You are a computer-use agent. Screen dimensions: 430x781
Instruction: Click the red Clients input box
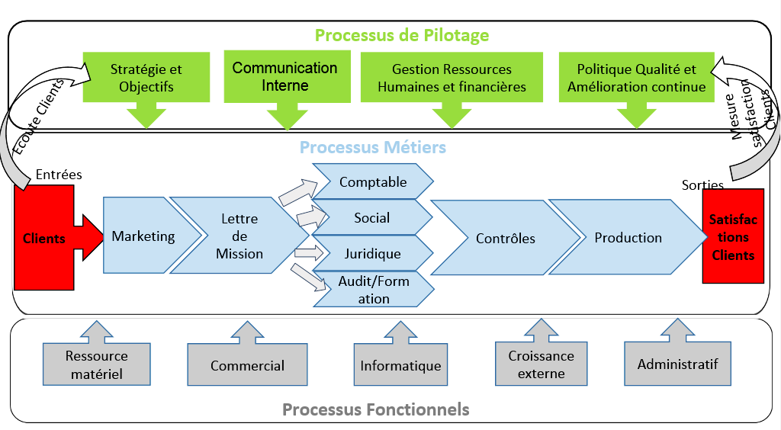pyautogui.click(x=44, y=238)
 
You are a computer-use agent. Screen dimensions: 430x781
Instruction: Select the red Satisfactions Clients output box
pyautogui.click(x=733, y=236)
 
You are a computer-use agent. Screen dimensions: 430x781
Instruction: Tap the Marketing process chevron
pyautogui.click(x=143, y=236)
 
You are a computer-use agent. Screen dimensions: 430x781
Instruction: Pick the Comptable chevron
pyautogui.click(x=373, y=182)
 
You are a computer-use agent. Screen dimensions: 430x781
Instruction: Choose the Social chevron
pyautogui.click(x=372, y=218)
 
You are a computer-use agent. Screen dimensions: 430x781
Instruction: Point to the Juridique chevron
pyautogui.click(x=372, y=253)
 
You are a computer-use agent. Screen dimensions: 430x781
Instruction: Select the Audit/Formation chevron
pyautogui.click(x=374, y=290)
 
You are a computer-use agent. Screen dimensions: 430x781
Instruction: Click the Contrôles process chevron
pyautogui.click(x=505, y=238)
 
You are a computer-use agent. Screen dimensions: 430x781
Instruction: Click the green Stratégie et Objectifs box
pyautogui.click(x=146, y=78)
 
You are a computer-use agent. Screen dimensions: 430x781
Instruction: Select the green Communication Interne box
pyautogui.click(x=285, y=76)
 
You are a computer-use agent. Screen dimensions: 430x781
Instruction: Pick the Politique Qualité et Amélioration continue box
pyautogui.click(x=636, y=78)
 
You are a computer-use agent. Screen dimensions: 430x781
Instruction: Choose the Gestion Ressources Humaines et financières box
pyautogui.click(x=452, y=78)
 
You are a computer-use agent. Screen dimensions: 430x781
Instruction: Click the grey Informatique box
pyautogui.click(x=400, y=365)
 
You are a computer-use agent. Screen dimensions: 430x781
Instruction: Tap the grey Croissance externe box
pyautogui.click(x=541, y=364)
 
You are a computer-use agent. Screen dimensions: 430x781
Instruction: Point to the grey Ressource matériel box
pyautogui.click(x=96, y=364)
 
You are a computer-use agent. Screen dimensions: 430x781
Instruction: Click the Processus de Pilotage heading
pyautogui.click(x=401, y=35)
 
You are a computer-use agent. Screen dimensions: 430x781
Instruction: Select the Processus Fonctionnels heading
pyautogui.click(x=375, y=409)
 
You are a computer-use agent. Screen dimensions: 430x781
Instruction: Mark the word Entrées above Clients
pyautogui.click(x=59, y=175)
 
